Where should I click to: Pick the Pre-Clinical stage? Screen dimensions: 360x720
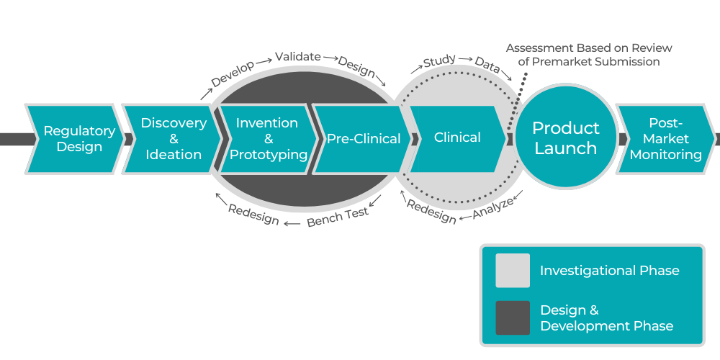(x=362, y=139)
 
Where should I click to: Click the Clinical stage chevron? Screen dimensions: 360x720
(x=457, y=138)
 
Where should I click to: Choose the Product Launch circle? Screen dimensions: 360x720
(x=565, y=138)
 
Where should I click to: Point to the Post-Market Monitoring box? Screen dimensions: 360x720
(x=665, y=139)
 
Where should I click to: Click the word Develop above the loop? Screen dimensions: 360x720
(x=233, y=74)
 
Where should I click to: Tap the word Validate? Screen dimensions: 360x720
(x=297, y=57)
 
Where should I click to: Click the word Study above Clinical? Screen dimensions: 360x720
(x=439, y=62)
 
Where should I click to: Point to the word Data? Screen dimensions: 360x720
(x=487, y=66)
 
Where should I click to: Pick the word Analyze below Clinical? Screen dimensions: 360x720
(x=493, y=208)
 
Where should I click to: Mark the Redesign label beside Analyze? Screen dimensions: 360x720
(x=431, y=211)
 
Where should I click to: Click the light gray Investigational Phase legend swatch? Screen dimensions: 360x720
(x=512, y=271)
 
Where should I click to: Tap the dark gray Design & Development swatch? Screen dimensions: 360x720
(x=512, y=318)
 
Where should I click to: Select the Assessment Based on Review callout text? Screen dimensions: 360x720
(x=588, y=55)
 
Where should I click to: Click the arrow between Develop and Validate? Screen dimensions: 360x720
(x=264, y=59)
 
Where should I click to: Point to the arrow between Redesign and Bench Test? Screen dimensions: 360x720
(x=292, y=223)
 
